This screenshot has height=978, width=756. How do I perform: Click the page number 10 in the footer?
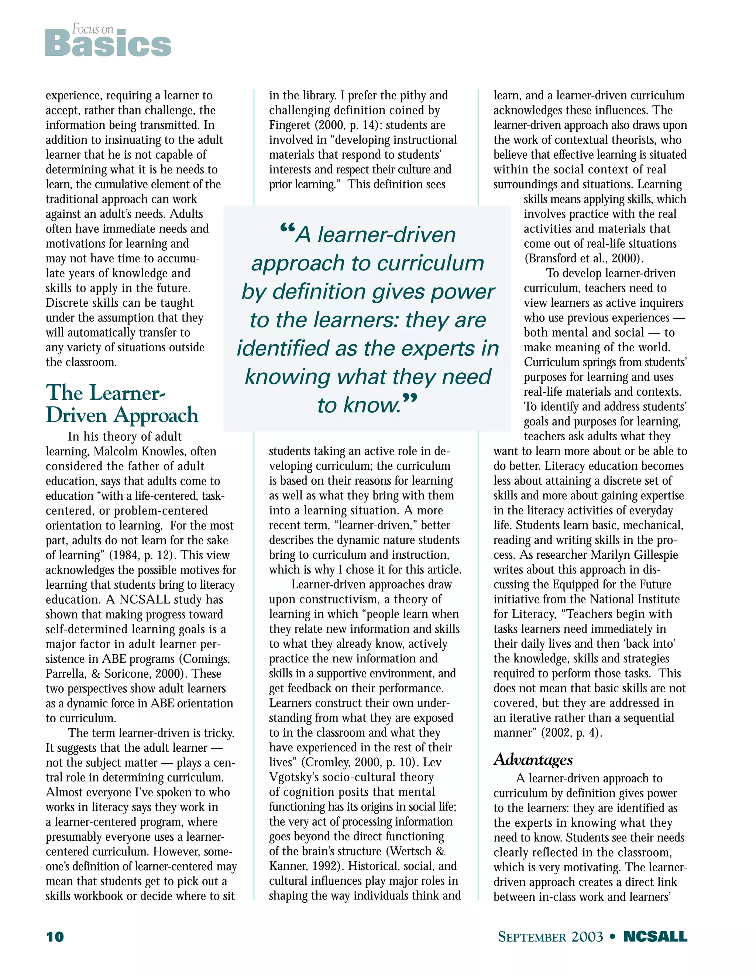(55, 936)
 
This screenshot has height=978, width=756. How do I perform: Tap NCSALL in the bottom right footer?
(655, 936)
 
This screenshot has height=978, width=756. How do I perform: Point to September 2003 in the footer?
(550, 937)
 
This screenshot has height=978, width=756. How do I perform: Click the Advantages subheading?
(533, 759)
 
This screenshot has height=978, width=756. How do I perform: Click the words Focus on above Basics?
(93, 30)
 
